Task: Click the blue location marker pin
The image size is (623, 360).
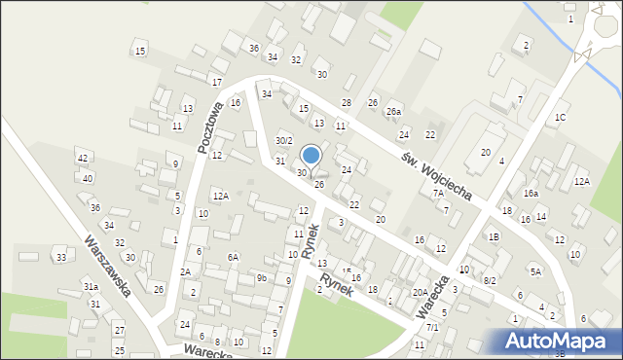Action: [311, 156]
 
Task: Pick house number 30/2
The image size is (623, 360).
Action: [283, 141]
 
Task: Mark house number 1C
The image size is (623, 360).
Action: [560, 118]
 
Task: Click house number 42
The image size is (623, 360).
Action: [83, 159]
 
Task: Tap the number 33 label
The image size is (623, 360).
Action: [60, 257]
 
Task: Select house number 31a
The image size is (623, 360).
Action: [90, 287]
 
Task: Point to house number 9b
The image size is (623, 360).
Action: [262, 278]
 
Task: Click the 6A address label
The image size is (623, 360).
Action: [234, 257]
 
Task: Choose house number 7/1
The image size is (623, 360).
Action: [432, 328]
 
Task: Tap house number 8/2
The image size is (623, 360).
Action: [490, 280]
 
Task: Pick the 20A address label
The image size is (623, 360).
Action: [420, 292]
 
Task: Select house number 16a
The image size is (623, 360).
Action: [531, 194]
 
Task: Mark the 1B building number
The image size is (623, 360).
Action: [495, 236]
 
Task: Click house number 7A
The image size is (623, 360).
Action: [438, 193]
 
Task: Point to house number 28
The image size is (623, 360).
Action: [346, 102]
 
